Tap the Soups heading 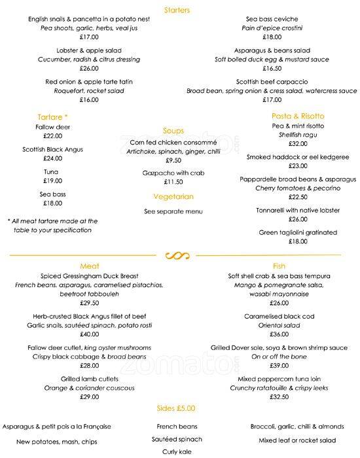pyautogui.click(x=173, y=130)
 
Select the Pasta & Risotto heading pyautogui.click(x=297, y=116)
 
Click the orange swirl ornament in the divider pyautogui.click(x=178, y=255)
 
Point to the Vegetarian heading pyautogui.click(x=173, y=196)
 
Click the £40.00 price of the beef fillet pyautogui.click(x=90, y=334)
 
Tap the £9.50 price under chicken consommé pyautogui.click(x=173, y=160)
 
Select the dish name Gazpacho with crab pyautogui.click(x=173, y=173)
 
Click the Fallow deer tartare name pyautogui.click(x=52, y=126)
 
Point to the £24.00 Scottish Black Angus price pyautogui.click(x=52, y=158)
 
